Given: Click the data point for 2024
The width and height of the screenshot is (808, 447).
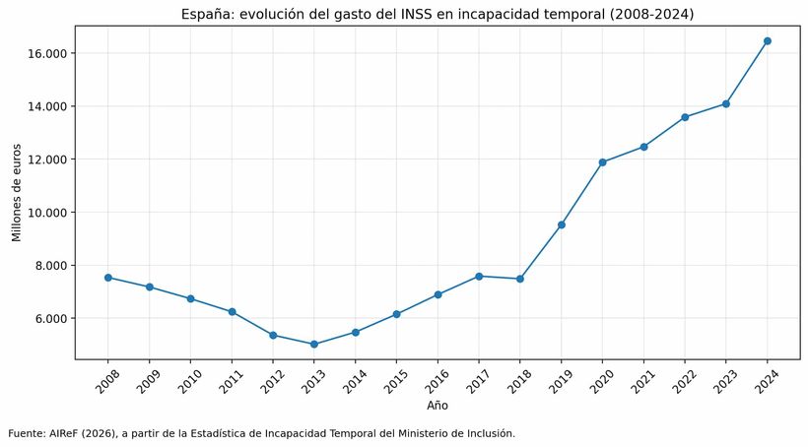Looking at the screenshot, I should (x=768, y=41).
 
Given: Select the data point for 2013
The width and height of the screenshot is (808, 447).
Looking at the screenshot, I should (x=313, y=345).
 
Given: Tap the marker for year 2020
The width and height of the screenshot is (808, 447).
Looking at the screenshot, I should (x=602, y=162).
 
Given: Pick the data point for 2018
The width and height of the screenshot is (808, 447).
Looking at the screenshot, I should (x=519, y=279).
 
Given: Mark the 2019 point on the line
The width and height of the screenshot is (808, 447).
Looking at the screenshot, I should (x=561, y=224).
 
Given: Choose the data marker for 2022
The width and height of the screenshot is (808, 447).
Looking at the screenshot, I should (x=685, y=117).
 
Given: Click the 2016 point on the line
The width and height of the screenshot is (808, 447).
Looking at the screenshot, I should (x=438, y=294).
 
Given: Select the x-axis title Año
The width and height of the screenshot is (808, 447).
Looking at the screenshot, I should (x=438, y=406).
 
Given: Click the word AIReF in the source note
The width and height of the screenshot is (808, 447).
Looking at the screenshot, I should (x=65, y=433).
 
